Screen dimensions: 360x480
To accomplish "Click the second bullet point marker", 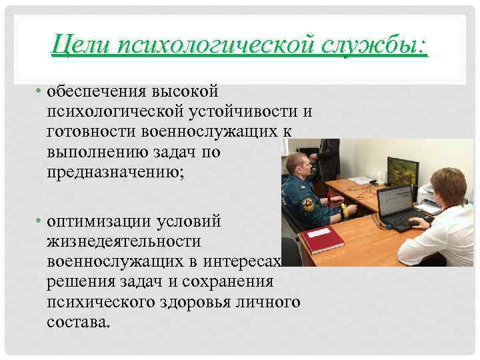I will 40,220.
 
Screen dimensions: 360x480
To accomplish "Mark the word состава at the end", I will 76,321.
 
